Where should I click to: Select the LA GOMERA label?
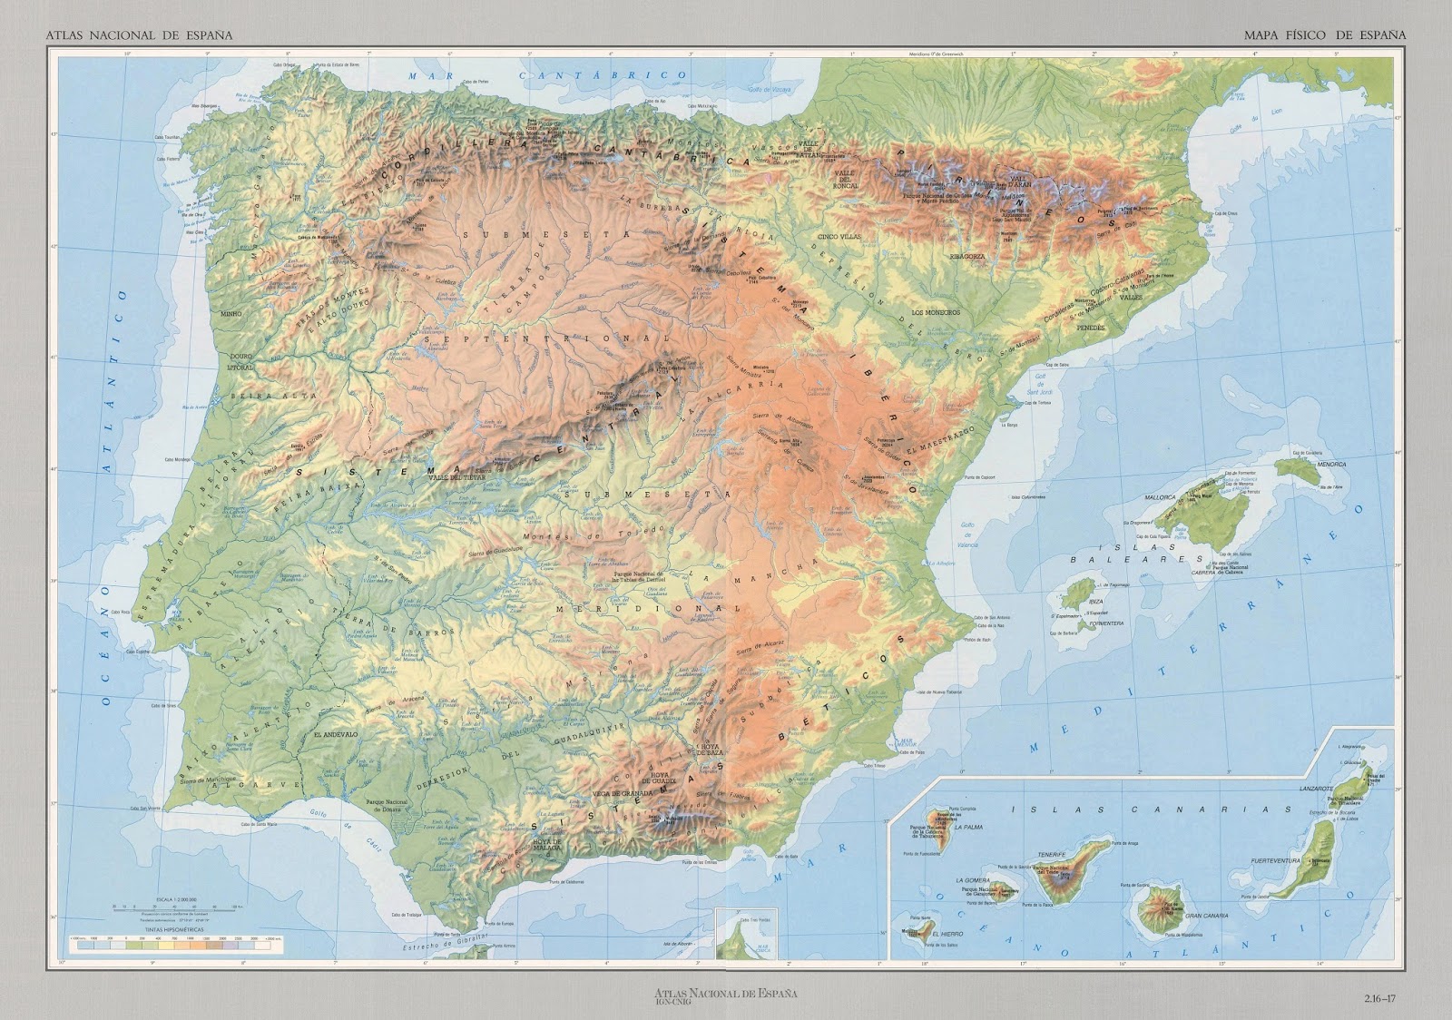click(x=971, y=881)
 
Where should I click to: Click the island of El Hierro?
click(x=918, y=931)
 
